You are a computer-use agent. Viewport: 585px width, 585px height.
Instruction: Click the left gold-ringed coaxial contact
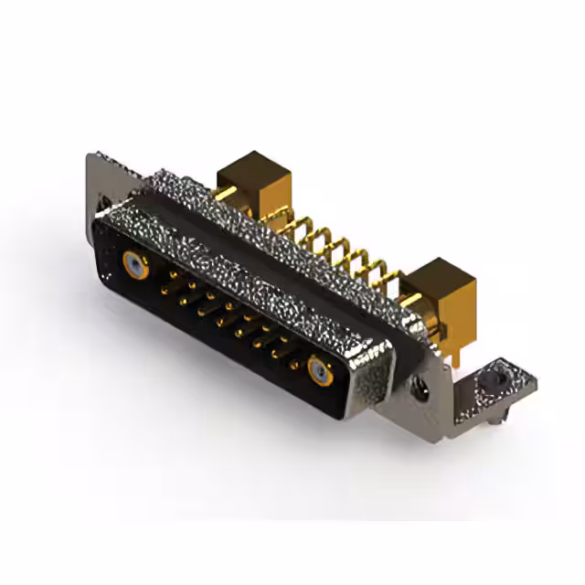(135, 266)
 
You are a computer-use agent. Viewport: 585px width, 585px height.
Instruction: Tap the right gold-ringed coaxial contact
(317, 370)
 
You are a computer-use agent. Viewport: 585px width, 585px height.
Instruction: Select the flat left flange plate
(101, 183)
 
